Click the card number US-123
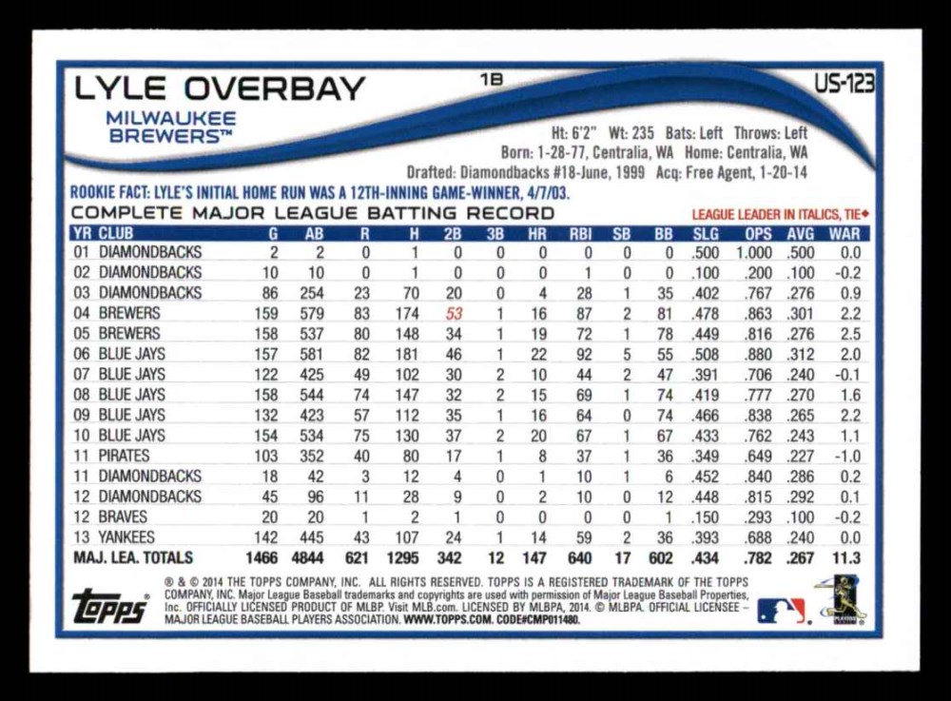[844, 85]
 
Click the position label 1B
[492, 81]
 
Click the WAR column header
[844, 233]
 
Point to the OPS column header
[759, 233]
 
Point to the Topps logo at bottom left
[110, 607]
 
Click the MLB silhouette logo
[781, 610]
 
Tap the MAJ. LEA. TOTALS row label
[133, 558]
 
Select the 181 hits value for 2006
[405, 354]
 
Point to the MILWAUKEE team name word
[171, 118]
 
